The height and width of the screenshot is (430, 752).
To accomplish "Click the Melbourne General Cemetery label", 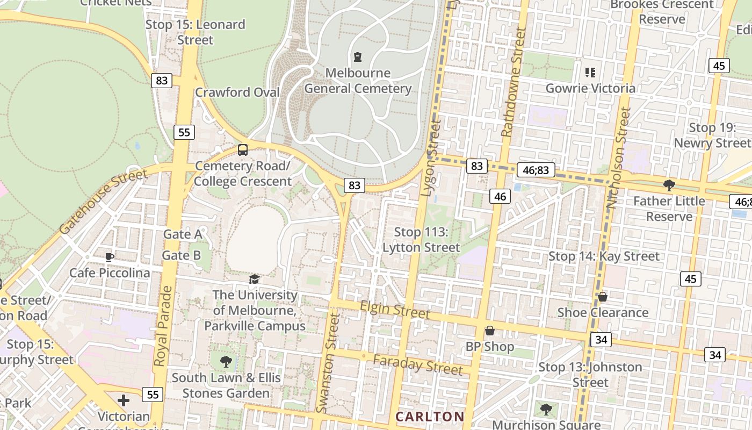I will pyautogui.click(x=358, y=81).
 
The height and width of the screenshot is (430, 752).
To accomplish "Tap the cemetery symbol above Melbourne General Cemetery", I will pyautogui.click(x=358, y=56).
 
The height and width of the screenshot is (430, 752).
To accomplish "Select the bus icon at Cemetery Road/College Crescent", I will pyautogui.click(x=243, y=150).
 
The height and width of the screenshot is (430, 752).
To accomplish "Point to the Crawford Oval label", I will pyautogui.click(x=237, y=92).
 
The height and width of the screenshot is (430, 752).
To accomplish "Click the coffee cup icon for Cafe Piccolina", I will pyautogui.click(x=110, y=257).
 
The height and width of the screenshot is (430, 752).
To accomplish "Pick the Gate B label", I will pyautogui.click(x=182, y=255).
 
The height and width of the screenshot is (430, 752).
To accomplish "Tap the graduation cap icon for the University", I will pyautogui.click(x=254, y=279).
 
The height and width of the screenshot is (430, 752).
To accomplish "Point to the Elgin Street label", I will pyautogui.click(x=395, y=310).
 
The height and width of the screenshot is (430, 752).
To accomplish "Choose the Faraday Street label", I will pyautogui.click(x=418, y=364).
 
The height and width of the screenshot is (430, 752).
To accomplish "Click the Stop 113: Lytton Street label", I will pyautogui.click(x=421, y=240).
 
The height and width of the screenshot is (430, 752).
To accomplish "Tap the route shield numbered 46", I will pyautogui.click(x=500, y=197).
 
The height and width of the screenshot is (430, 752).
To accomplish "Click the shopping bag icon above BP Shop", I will pyautogui.click(x=489, y=331).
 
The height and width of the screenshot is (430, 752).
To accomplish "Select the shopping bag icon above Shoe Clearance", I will pyautogui.click(x=603, y=297).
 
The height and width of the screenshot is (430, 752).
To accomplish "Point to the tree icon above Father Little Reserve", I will pyautogui.click(x=669, y=185).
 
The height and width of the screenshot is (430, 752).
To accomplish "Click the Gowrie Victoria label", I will pyautogui.click(x=590, y=88).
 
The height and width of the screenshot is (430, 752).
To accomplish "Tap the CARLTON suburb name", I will pyautogui.click(x=430, y=417).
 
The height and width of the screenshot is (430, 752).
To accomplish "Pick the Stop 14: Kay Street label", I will pyautogui.click(x=604, y=256).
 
